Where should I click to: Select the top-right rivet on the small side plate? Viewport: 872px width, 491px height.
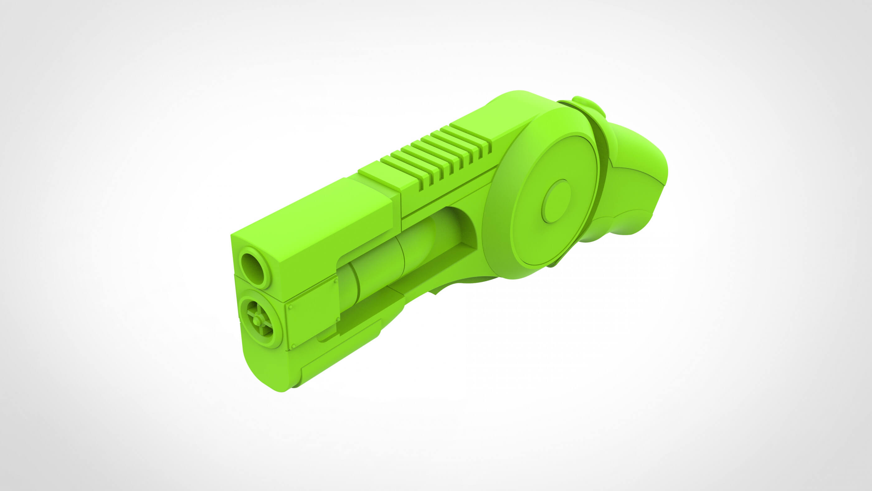pyautogui.click(x=335, y=281)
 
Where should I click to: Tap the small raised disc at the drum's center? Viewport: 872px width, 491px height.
pyautogui.click(x=556, y=201)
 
